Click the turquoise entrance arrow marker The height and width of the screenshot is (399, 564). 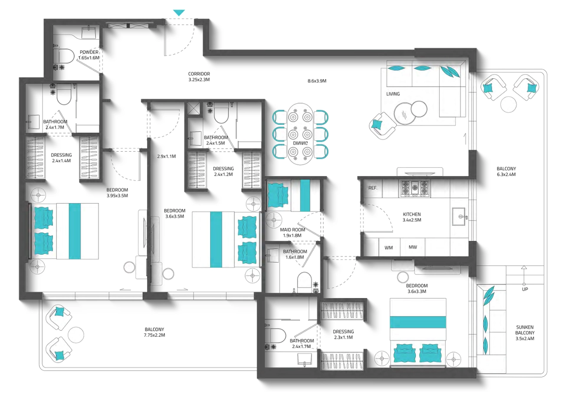pos(179,13)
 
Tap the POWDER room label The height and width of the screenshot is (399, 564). pos(89,52)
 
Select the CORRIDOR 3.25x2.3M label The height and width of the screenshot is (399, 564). pos(199,77)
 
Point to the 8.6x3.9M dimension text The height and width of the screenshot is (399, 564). pos(317,81)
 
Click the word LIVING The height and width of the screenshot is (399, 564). pos(393,94)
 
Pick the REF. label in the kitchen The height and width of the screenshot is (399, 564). pos(373,188)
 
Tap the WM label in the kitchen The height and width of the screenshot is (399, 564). pos(388,248)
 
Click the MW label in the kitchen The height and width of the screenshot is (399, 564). pos(413,247)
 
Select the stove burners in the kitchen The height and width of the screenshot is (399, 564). pos(414,188)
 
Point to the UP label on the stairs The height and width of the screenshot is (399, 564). pos(525,289)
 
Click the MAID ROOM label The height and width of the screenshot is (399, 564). pos(292,230)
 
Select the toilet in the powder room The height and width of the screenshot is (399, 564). pos(63,55)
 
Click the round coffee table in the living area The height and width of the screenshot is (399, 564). pos(405,114)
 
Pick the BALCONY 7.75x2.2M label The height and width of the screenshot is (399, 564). pos(154,332)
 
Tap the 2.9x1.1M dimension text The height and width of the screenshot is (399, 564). pos(167,156)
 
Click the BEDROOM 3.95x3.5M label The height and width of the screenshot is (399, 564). pos(117,193)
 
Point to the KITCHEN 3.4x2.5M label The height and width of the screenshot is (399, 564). pos(412,217)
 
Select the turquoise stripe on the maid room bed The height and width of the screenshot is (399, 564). pos(305,195)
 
